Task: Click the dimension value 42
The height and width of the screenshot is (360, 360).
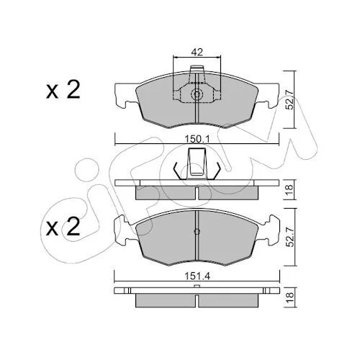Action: (197, 52)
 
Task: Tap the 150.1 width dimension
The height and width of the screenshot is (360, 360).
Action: (197, 139)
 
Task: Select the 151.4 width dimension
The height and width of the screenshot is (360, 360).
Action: (197, 276)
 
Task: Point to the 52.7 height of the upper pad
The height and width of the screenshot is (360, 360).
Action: (291, 100)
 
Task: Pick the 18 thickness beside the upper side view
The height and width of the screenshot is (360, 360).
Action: (290, 189)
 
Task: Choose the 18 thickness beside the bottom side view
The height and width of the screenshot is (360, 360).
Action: (290, 297)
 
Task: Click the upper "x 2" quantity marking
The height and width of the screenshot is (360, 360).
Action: (63, 90)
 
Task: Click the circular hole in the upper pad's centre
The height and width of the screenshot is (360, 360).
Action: (197, 94)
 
